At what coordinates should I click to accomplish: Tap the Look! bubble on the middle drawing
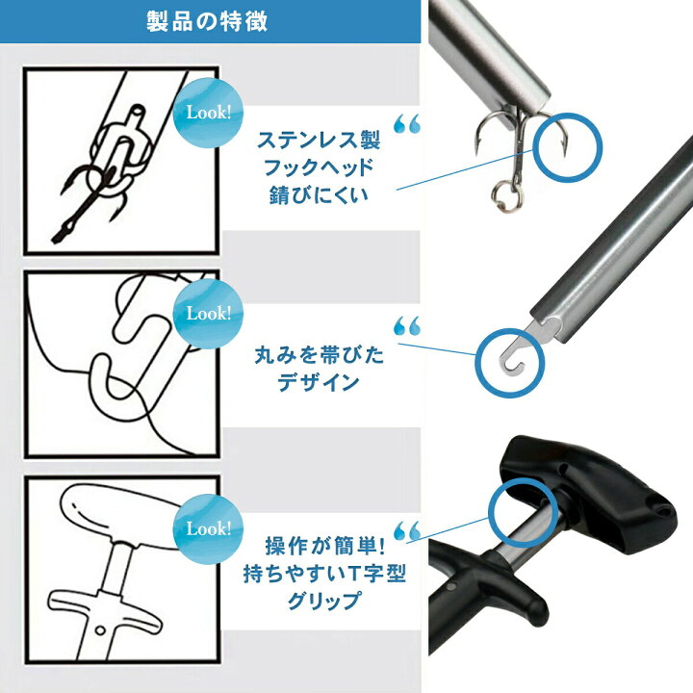click(x=208, y=313)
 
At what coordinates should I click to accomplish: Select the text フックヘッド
click(x=319, y=166)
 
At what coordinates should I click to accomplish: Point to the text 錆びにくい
click(x=319, y=192)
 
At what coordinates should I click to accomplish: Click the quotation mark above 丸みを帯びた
click(x=407, y=326)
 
